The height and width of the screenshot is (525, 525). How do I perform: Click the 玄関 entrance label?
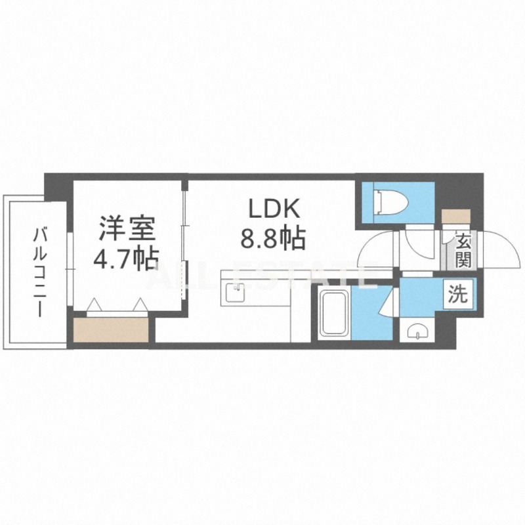pyautogui.click(x=463, y=251)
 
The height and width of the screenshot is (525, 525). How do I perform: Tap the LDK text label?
pyautogui.click(x=274, y=210)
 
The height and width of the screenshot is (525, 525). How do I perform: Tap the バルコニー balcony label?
pyautogui.click(x=41, y=270)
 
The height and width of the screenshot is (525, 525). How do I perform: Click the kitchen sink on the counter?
pyautogui.click(x=235, y=291)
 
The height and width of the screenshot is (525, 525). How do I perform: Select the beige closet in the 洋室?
pyautogui.click(x=111, y=330)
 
